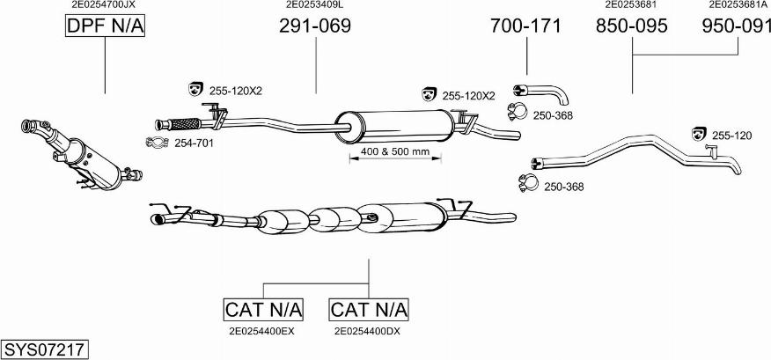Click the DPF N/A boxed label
coord(105,27)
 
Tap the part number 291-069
coord(315,26)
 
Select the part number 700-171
coord(525,26)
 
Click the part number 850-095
coord(632,26)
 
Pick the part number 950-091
coord(737,26)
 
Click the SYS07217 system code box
coord(44,349)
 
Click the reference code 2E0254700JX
coord(104,4)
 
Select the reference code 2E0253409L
coord(315,4)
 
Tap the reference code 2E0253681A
coord(738,4)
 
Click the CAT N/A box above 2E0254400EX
coord(264,309)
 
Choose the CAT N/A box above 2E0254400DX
coord(369,309)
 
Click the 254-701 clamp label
coord(194,143)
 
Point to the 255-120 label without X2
coord(731,135)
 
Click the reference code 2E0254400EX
coord(261,331)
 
